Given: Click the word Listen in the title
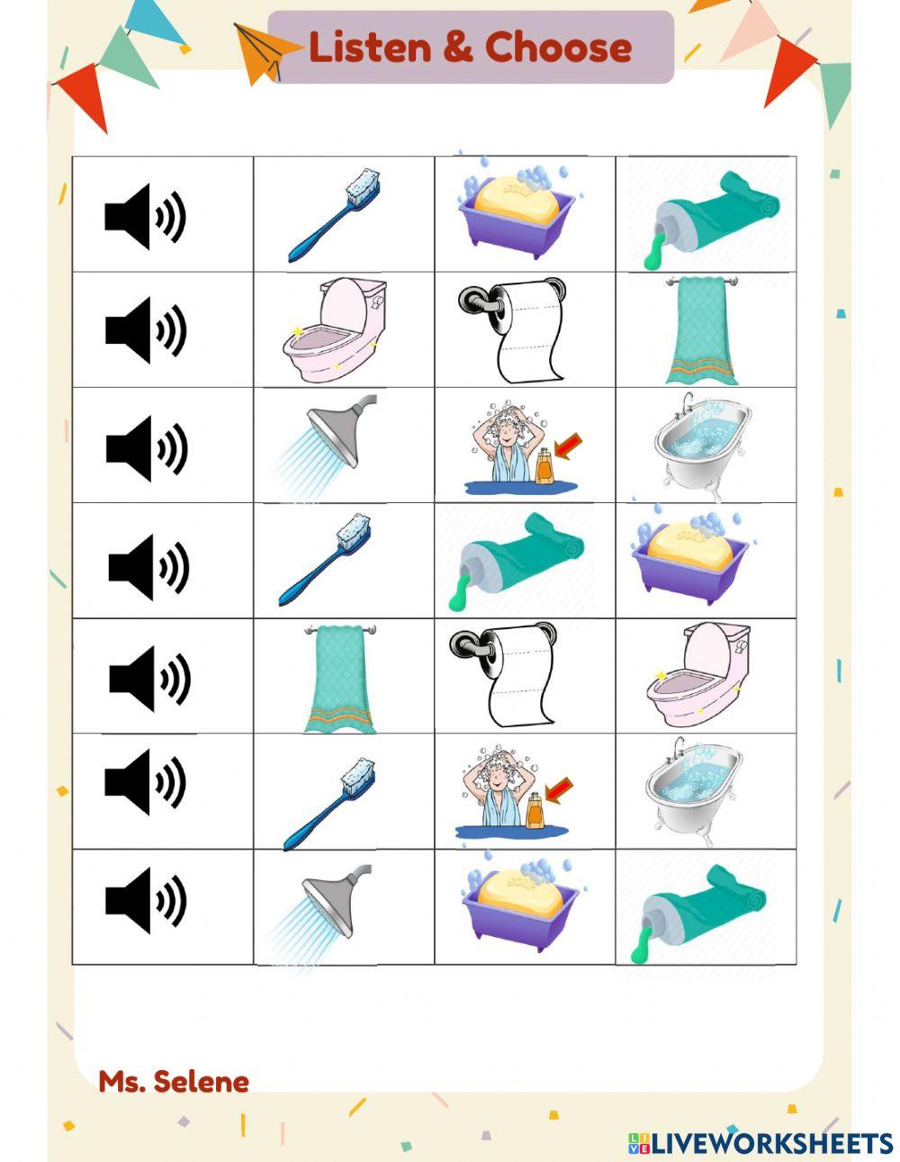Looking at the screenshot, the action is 370,47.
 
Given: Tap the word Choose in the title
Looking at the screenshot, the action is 558,47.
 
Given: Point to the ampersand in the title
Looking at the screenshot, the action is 458,47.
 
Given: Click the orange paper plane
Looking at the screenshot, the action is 266,53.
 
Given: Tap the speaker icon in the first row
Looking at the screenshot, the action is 145,216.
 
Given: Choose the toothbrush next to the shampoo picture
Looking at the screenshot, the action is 328,804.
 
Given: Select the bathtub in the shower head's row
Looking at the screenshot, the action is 702,446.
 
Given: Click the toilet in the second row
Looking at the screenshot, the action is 334,329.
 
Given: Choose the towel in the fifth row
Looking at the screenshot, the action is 340,678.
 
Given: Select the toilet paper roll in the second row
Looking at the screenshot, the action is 511,330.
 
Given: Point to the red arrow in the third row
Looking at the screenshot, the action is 568,446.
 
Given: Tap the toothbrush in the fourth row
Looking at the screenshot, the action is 325,559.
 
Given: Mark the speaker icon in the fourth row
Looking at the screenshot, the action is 148,567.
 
